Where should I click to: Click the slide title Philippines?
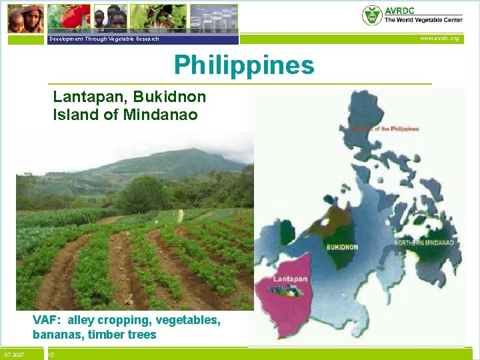tap(243, 65)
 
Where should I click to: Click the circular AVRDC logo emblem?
tap(371, 15)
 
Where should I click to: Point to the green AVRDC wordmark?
tap(397, 10)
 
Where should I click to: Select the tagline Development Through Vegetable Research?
tap(103, 39)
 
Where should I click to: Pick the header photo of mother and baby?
tap(25, 18)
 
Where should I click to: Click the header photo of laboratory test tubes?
tap(213, 17)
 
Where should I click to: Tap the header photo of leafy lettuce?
tap(158, 17)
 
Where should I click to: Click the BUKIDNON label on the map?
tap(342, 247)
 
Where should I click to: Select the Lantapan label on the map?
tap(290, 278)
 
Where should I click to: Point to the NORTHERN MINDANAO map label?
tap(425, 242)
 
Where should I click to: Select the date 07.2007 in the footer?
tap(14, 355)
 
